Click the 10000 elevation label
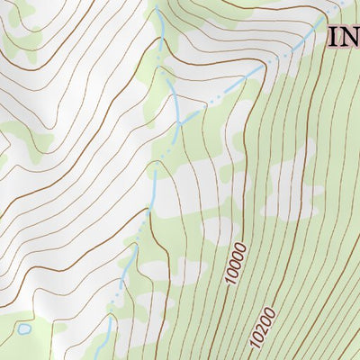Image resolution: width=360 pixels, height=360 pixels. click(236, 264)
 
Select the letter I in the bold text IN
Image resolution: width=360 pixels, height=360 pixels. click(331, 37)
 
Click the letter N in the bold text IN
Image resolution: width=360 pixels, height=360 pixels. click(348, 37)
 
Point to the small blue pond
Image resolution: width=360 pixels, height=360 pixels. click(24, 329)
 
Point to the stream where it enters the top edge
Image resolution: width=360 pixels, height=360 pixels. click(155, 4)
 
